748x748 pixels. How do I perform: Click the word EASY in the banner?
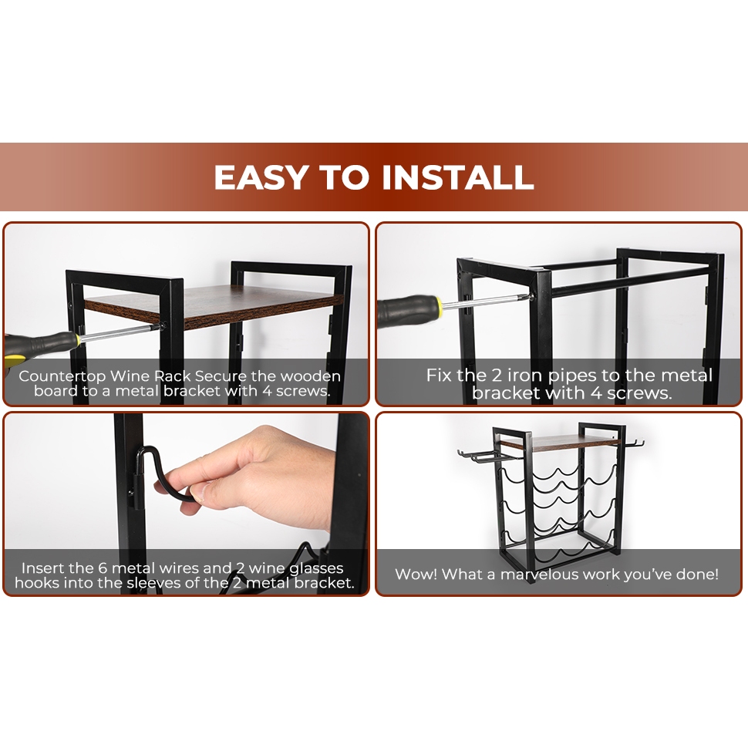258,177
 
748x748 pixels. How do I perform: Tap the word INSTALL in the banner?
457,177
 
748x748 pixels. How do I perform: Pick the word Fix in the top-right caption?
439,375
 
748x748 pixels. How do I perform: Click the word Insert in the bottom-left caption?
42,568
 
